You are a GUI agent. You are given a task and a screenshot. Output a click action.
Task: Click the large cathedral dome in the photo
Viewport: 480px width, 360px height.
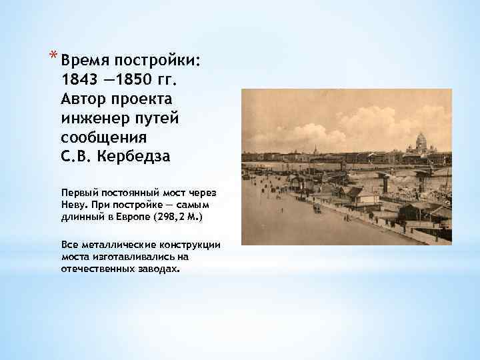coord(421,141)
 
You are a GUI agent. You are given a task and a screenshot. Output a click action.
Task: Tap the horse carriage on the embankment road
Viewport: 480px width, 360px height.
coord(316,208)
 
